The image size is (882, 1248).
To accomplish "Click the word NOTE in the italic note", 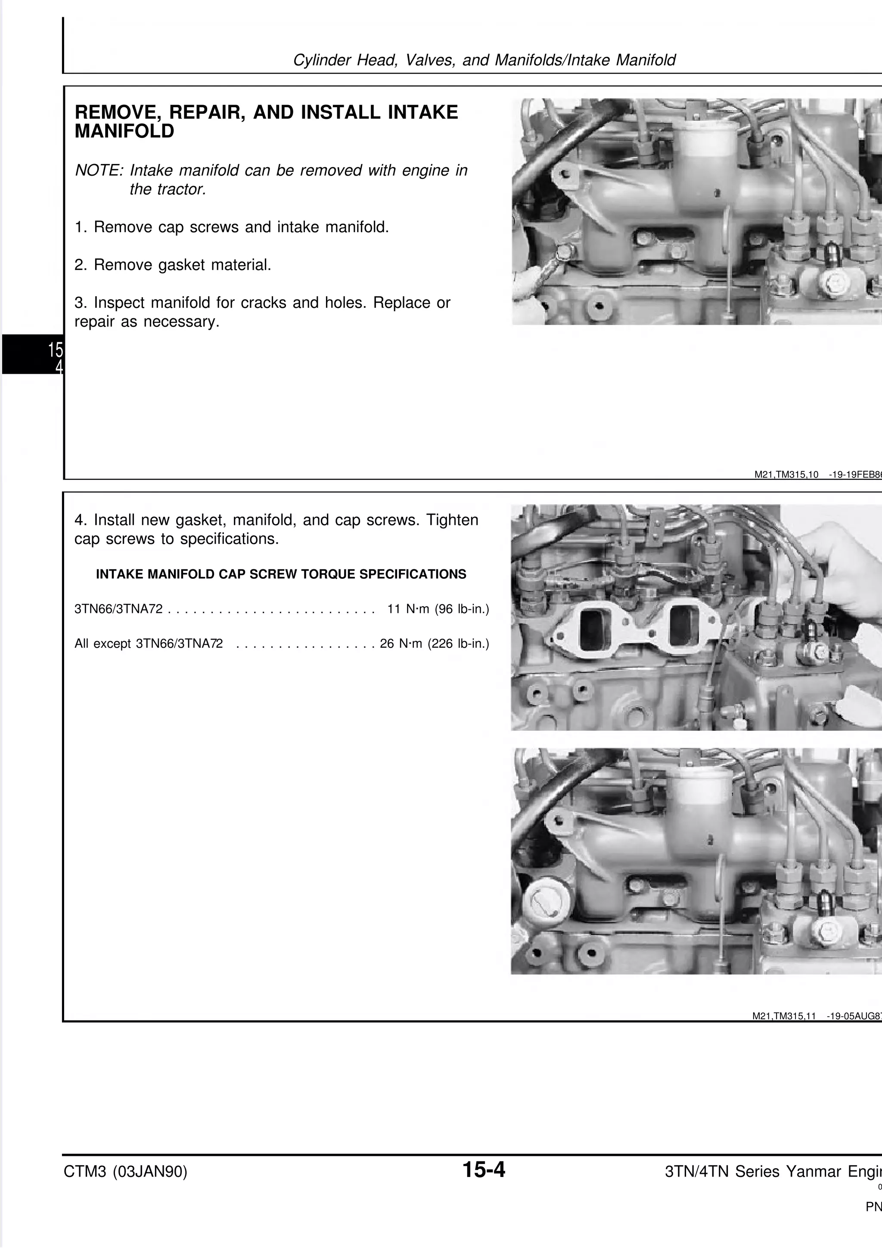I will click(x=98, y=171).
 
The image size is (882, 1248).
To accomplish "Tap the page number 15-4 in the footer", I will click(x=483, y=1170).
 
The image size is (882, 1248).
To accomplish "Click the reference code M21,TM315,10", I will click(x=786, y=475).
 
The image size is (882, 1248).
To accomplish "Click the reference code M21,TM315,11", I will click(x=784, y=1016).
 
